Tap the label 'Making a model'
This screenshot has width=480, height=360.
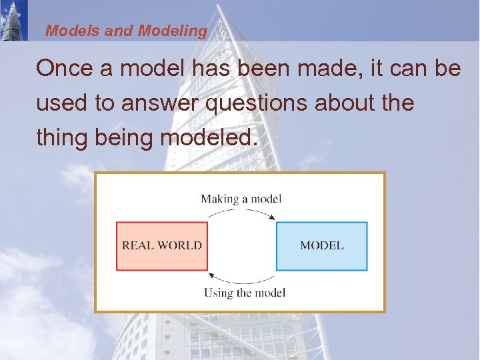coord(241,198)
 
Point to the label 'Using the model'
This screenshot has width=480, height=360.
coord(244,293)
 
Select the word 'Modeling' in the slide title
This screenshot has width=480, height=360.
coord(172,31)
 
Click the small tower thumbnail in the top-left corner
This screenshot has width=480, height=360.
coord(13,20)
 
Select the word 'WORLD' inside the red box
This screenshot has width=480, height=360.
coord(179,245)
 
